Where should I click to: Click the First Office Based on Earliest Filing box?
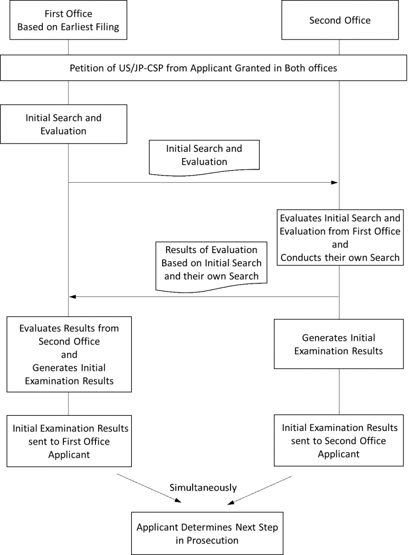(x=68, y=20)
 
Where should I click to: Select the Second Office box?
(x=340, y=20)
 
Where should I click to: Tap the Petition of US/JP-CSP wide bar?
(x=203, y=68)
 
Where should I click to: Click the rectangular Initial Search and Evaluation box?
(x=63, y=124)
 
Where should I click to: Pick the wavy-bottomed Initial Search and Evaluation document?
(x=204, y=157)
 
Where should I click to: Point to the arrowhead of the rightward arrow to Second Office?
(x=335, y=183)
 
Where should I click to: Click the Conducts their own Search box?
(x=340, y=237)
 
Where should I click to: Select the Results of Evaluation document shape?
(x=211, y=266)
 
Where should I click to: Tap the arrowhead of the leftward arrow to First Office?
(x=73, y=296)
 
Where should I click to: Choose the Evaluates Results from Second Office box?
(x=69, y=354)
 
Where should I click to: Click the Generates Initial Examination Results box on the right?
(x=338, y=344)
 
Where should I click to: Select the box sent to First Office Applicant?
(x=69, y=441)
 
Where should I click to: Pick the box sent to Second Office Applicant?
(x=338, y=440)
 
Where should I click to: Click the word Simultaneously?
(x=203, y=488)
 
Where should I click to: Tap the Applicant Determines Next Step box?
(x=207, y=533)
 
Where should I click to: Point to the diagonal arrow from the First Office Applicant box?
(x=149, y=488)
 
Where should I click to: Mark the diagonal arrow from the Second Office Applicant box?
(x=260, y=490)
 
